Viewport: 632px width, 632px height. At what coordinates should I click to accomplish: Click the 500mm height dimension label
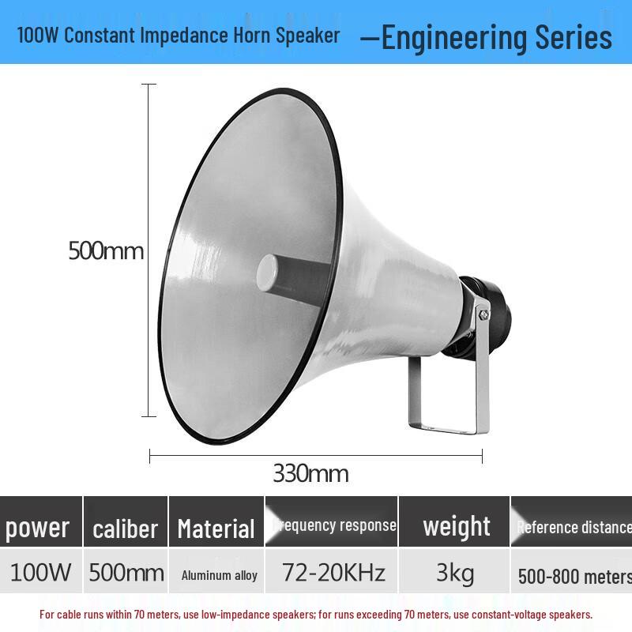(x=106, y=251)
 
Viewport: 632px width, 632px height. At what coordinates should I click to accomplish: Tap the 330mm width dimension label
(x=310, y=474)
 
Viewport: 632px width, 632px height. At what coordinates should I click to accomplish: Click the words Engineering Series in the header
(x=496, y=37)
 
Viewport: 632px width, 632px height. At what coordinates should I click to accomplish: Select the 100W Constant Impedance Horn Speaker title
(x=179, y=35)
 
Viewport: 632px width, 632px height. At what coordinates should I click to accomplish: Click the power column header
(x=38, y=528)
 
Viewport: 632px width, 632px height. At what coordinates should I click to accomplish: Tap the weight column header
(x=457, y=526)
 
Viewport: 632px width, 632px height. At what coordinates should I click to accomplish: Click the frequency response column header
(x=333, y=525)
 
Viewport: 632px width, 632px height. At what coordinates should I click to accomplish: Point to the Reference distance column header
(x=574, y=527)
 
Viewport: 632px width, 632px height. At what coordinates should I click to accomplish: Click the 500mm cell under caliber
(x=126, y=572)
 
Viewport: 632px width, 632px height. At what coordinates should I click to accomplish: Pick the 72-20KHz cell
(x=333, y=573)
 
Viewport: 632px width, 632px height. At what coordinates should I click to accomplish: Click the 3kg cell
(x=457, y=573)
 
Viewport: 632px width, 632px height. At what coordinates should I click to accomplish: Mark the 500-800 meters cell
(x=574, y=576)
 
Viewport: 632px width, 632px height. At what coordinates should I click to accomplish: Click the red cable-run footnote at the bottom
(x=316, y=614)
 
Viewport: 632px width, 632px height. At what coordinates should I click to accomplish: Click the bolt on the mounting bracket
(x=483, y=314)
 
